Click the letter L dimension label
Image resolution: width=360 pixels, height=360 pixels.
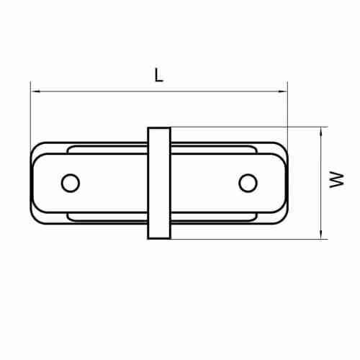(158, 75)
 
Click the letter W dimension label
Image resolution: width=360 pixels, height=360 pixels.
(337, 179)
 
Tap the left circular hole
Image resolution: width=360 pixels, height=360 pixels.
(71, 183)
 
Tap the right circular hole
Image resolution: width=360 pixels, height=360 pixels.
(248, 183)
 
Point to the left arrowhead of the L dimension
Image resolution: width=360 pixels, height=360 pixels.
(35, 91)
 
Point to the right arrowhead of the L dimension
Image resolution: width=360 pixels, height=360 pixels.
(282, 91)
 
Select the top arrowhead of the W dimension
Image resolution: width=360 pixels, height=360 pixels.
(321, 132)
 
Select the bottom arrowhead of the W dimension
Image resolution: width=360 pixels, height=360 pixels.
(321, 234)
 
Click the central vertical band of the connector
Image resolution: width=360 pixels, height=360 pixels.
(159, 183)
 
